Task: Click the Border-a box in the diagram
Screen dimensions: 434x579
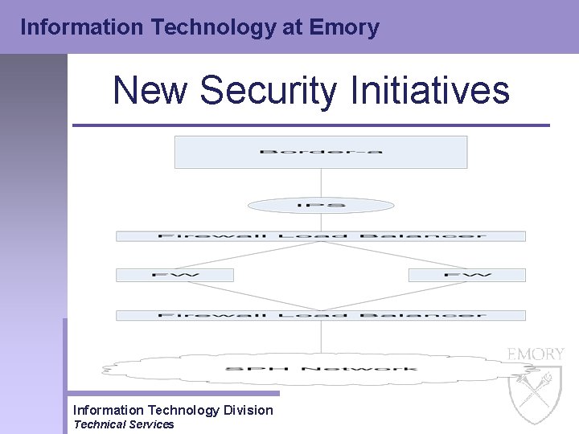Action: (320, 152)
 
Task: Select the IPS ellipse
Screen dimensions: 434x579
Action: (320, 206)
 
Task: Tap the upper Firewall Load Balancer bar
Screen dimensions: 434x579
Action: (320, 236)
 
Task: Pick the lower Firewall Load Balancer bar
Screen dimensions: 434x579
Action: (320, 315)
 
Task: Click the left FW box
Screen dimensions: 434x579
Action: (175, 275)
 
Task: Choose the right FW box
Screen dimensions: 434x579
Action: (466, 275)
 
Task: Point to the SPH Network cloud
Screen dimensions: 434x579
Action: (320, 368)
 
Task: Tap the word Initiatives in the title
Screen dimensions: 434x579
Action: (430, 90)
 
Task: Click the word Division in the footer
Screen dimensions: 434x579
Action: (247, 410)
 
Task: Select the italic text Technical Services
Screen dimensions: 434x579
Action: (123, 424)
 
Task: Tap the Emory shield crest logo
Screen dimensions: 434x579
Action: (536, 394)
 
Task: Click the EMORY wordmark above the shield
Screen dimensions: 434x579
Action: (536, 354)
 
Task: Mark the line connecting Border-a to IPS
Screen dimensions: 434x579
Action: (321, 182)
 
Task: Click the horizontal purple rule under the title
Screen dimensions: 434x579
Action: (310, 125)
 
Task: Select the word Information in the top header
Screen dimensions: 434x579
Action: (73, 27)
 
